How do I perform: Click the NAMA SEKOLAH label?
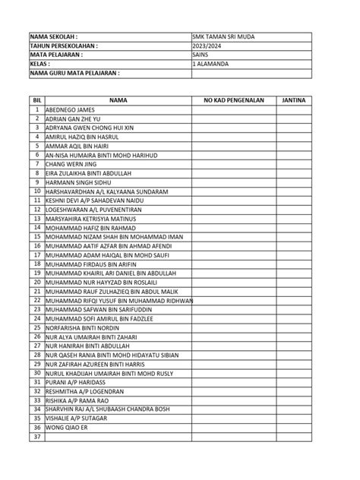(54, 36)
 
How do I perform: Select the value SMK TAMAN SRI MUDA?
(224, 36)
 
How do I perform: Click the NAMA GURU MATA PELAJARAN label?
(75, 74)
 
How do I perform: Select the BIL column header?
(36, 100)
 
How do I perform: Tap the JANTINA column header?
(293, 100)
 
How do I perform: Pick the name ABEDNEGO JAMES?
(71, 110)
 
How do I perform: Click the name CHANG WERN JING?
(72, 164)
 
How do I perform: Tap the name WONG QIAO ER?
(66, 427)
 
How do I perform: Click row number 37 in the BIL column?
(36, 436)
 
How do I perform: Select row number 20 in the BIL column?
(36, 282)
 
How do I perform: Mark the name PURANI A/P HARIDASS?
(75, 381)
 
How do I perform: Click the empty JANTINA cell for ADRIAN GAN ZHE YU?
(293, 119)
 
